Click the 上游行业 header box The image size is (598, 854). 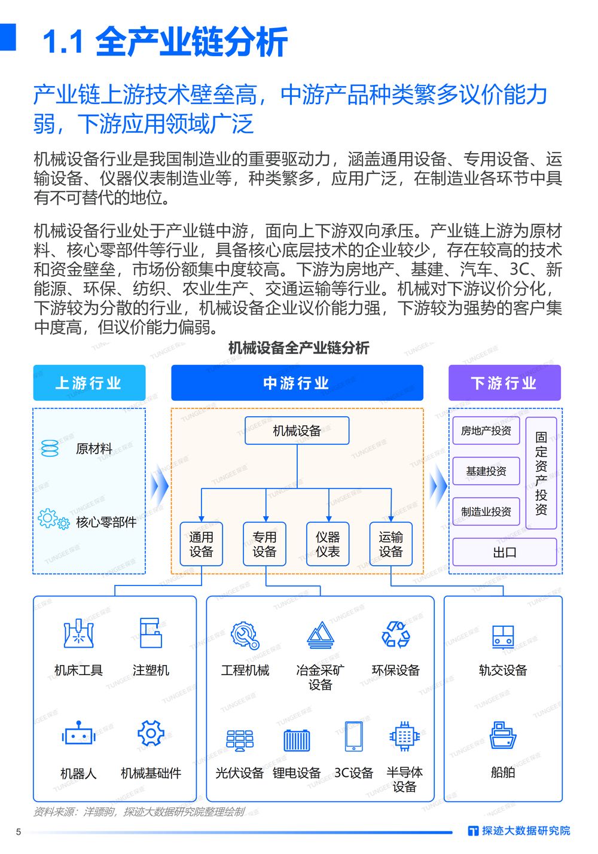(89, 382)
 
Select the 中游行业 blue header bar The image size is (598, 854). (297, 382)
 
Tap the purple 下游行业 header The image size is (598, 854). (504, 382)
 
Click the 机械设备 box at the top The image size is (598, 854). (297, 431)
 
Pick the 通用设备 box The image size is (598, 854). (202, 544)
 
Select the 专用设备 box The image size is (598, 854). (264, 544)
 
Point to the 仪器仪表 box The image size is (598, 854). (328, 544)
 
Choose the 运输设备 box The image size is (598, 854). (391, 544)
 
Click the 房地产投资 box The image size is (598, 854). (486, 431)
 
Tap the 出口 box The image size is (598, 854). (505, 552)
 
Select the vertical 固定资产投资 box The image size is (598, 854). (541, 472)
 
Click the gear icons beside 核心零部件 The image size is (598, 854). (54, 519)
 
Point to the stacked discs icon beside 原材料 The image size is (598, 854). (50, 449)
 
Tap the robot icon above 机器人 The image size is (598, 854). (78, 733)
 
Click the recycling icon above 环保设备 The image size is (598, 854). (396, 635)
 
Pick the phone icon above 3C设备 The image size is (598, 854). (353, 736)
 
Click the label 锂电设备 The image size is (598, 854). (297, 773)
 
